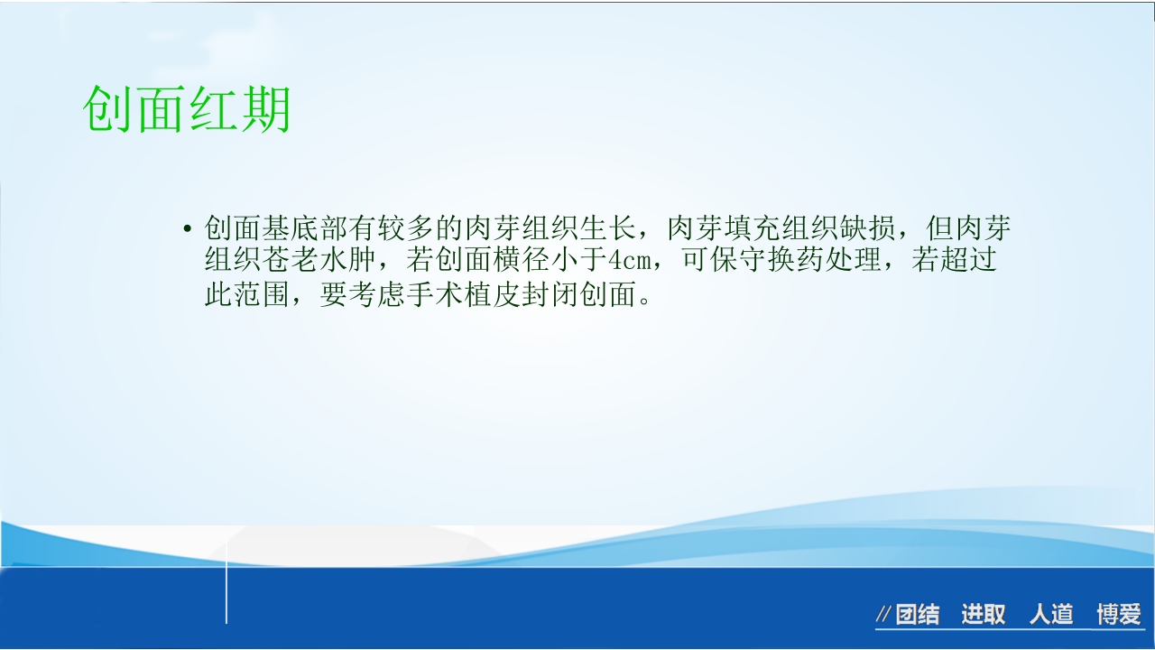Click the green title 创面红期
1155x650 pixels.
[187, 111]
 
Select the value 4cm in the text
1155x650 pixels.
[629, 261]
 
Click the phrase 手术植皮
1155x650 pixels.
[449, 294]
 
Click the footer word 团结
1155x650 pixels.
[918, 615]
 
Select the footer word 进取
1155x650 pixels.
[983, 615]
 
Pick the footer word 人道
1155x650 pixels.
[1051, 615]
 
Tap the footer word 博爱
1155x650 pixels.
[1119, 615]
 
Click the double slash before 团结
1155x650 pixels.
[884, 616]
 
